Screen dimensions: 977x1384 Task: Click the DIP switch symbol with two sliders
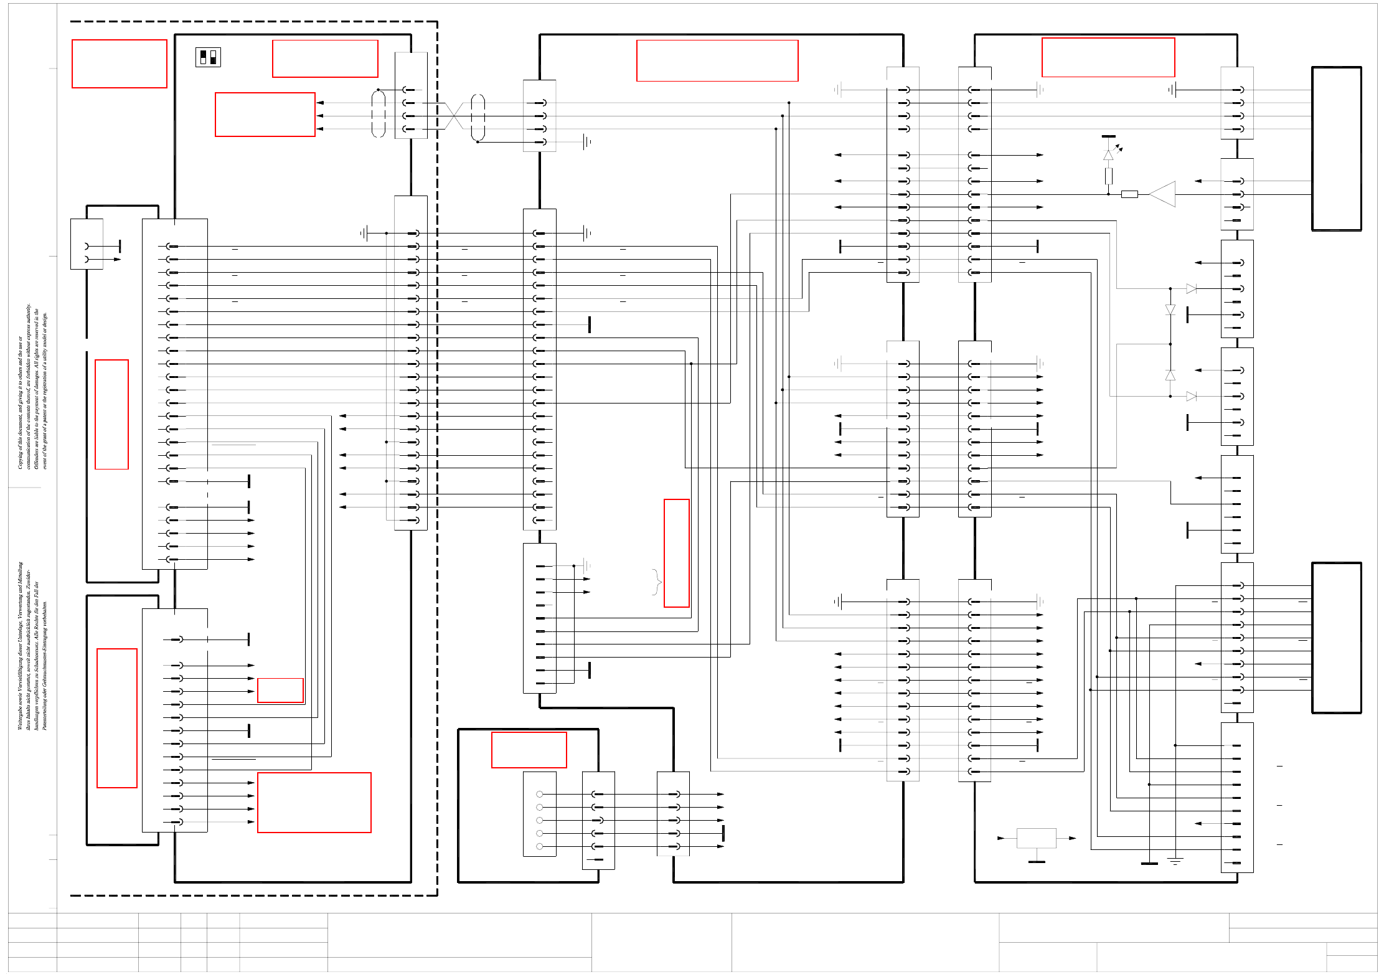tap(208, 57)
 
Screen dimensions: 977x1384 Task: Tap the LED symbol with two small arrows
tap(1109, 154)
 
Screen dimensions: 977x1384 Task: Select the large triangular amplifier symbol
tap(1162, 194)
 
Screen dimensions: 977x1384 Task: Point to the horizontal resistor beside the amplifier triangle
tap(1129, 194)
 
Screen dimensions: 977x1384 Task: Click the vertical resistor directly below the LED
tap(1109, 176)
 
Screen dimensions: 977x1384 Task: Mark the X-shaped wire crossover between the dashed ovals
tap(454, 116)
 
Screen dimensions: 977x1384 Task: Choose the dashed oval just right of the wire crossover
tap(478, 117)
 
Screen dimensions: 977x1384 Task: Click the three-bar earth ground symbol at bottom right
tap(1175, 861)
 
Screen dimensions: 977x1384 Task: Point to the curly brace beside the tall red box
tap(656, 582)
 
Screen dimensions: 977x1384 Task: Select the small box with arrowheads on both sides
tap(1036, 838)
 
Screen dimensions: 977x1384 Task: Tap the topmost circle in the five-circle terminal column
tap(539, 794)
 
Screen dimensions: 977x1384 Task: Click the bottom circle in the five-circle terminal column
tap(539, 846)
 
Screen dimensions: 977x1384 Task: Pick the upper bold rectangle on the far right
tap(1336, 149)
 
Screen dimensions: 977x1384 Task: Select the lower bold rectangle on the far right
tap(1336, 638)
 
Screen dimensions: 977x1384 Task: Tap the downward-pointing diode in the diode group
tap(1170, 309)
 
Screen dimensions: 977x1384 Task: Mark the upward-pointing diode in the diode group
tap(1170, 375)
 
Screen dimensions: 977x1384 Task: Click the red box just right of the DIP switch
tap(325, 59)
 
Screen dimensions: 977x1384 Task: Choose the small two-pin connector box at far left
tap(87, 244)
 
